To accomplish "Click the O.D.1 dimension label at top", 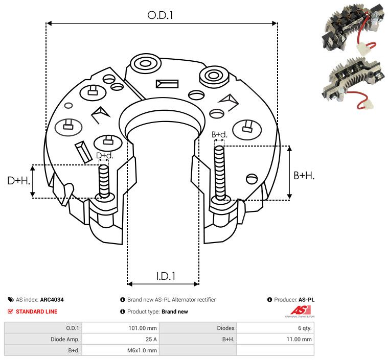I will [161, 15].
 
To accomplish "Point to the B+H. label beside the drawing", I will [304, 175].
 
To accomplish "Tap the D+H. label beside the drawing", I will [19, 180].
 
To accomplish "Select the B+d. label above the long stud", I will [219, 135].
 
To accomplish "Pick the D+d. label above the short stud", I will [104, 155].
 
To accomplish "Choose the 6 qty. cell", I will [304, 328].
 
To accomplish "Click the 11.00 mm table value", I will [300, 339].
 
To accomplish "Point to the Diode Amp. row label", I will [65, 339].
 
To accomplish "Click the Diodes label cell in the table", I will [225, 328].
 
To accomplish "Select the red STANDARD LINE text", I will [36, 311].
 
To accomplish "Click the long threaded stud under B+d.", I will [220, 173].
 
